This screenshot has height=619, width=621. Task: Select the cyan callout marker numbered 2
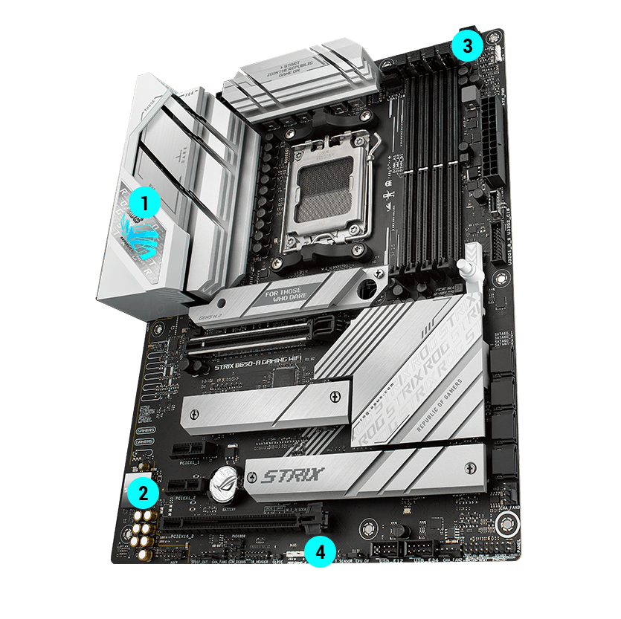click(141, 491)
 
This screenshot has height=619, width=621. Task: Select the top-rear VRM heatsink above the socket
click(297, 82)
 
